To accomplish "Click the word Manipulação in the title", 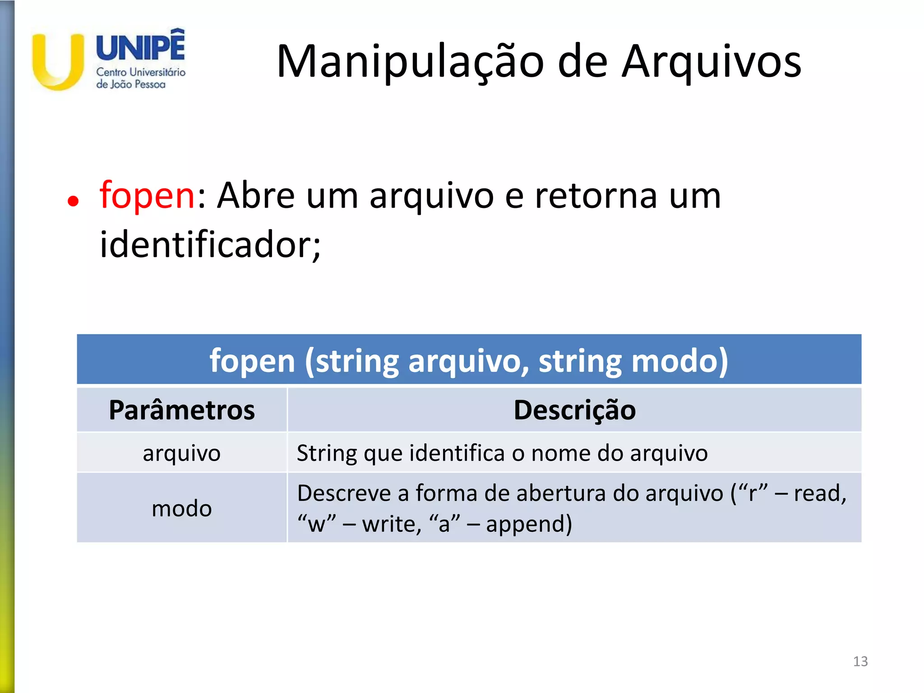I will [x=410, y=62].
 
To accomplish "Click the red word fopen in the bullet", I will [x=147, y=195].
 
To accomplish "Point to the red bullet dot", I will [x=73, y=201].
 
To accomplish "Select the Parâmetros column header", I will [x=182, y=410].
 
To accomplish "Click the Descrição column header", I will [x=574, y=410].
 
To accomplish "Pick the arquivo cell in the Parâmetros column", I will [x=182, y=453].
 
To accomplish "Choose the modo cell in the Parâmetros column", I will [x=182, y=508].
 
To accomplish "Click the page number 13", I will [x=860, y=661].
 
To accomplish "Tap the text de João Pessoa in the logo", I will [x=131, y=84].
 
